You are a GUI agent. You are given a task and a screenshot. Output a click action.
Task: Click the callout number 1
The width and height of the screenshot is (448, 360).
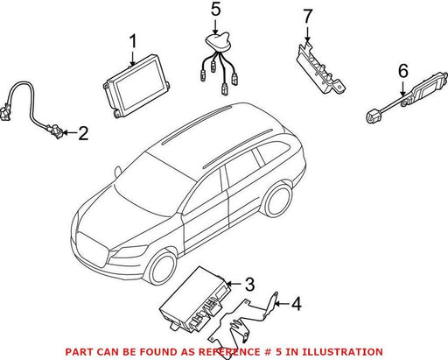coord(133,41)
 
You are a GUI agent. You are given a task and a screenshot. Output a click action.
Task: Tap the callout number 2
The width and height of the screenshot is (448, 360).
coord(83,133)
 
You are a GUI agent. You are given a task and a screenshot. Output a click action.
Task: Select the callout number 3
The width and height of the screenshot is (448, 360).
coord(249,284)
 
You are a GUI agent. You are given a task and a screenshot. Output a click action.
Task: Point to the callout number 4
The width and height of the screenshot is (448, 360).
coord(297,304)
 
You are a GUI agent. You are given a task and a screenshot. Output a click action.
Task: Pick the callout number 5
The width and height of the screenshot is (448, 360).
coord(215,10)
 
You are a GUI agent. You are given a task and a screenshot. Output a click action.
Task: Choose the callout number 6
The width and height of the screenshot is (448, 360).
coord(403,71)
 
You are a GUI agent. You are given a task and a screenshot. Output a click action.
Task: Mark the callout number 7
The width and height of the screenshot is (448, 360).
coord(307,17)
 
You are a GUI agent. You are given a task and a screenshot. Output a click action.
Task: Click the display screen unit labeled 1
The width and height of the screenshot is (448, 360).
coord(136,86)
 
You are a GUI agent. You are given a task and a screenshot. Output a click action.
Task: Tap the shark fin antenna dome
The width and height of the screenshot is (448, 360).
coord(216,42)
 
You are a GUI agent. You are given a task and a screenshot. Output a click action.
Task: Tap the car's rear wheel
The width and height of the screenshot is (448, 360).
coord(277,200)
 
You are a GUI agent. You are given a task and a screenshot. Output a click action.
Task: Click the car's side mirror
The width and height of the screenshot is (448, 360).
coord(118,171)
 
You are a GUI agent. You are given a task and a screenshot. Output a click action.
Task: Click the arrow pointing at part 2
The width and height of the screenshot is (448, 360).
coord(69,133)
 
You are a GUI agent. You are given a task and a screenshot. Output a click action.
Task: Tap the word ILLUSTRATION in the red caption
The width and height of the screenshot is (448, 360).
coord(342,352)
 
